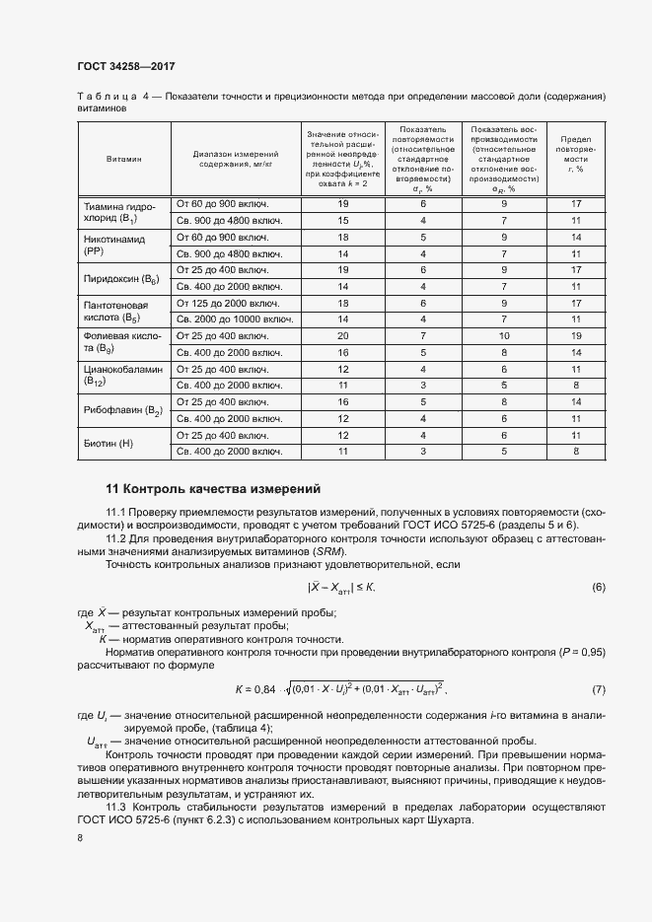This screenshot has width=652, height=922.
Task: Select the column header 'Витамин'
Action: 124,158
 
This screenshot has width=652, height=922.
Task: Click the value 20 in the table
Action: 343,336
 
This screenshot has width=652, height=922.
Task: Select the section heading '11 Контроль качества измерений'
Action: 212,490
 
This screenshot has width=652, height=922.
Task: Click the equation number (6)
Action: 598,588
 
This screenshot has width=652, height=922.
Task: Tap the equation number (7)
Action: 598,687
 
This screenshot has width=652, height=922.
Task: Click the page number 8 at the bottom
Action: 80,838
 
